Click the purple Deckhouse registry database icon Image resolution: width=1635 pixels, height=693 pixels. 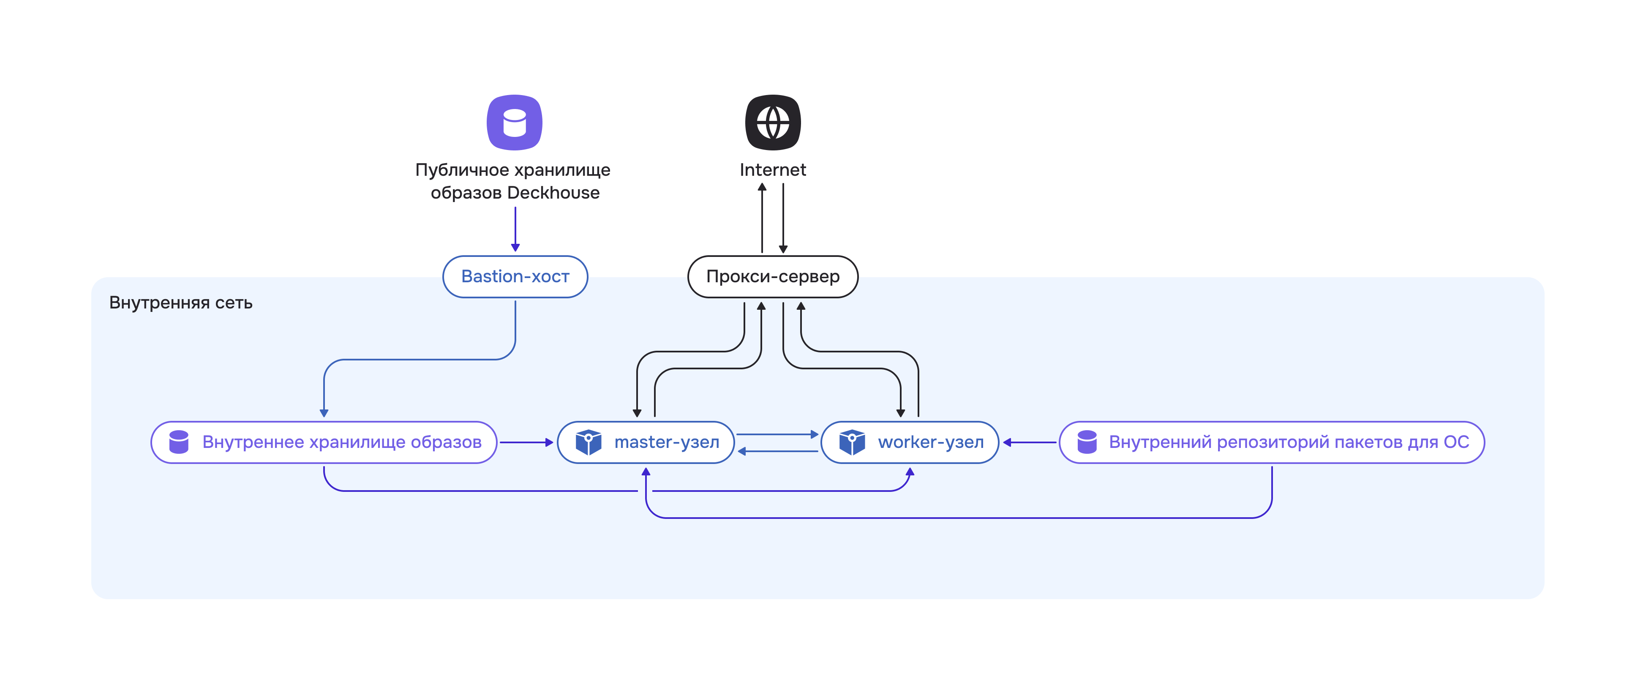click(514, 123)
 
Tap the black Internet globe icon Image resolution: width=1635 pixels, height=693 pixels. click(772, 123)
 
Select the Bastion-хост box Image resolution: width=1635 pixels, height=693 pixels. click(515, 277)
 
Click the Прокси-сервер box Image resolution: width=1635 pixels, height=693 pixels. click(772, 277)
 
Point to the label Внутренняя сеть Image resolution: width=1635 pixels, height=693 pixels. click(181, 303)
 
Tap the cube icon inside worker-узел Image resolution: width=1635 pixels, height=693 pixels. click(852, 442)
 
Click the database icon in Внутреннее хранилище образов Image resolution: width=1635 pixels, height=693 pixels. click(179, 442)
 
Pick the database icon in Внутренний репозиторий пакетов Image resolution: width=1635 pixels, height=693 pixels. click(1087, 442)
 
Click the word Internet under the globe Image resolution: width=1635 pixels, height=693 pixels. click(772, 170)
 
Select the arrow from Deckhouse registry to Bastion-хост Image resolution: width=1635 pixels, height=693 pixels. click(515, 229)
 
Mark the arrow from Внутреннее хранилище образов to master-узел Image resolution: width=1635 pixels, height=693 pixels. click(526, 442)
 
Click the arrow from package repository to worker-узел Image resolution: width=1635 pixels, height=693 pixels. click(1030, 442)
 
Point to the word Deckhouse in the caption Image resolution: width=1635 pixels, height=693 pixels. click(553, 193)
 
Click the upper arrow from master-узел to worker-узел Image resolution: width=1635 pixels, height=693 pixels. click(777, 434)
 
